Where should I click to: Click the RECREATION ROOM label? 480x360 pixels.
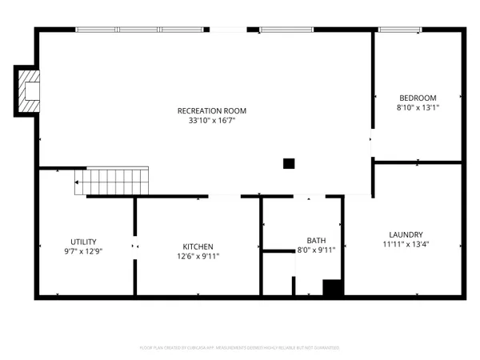212,110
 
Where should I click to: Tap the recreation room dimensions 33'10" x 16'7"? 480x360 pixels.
212,121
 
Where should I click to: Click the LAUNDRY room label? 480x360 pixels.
406,234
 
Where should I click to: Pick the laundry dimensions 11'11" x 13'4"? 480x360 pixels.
406,244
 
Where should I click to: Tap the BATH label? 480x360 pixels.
316,240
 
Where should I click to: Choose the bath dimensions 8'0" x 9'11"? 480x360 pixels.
316,250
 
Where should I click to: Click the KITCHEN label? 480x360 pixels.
198,246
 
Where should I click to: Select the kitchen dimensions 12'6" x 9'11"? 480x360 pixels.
198,257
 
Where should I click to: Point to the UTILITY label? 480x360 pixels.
83,240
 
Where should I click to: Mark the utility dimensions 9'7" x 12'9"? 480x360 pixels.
83,250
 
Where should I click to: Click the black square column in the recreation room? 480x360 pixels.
289,164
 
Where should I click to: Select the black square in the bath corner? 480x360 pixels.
332,288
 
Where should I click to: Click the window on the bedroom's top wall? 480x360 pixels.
401,30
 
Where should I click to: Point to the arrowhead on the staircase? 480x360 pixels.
76,182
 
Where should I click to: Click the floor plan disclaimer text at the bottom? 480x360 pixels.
240,348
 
